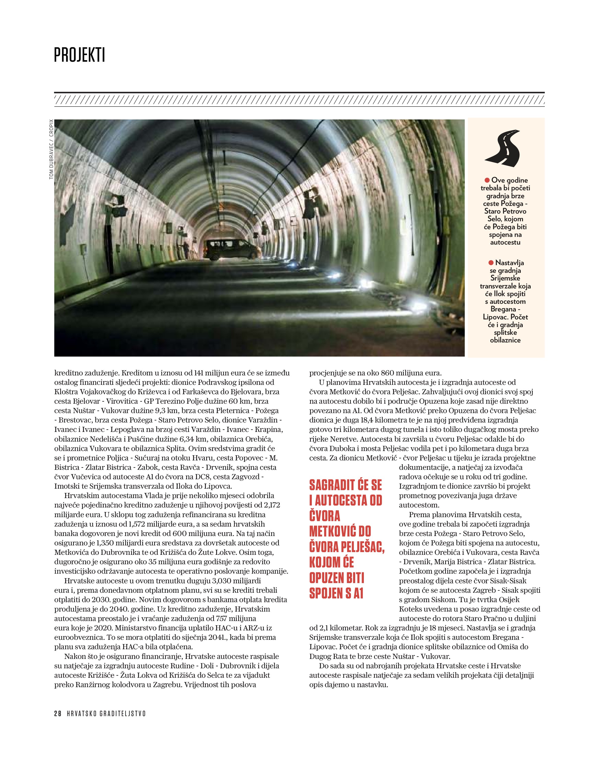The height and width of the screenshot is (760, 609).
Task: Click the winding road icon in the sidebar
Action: coord(504,148)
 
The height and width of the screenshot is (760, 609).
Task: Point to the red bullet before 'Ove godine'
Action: coord(487,180)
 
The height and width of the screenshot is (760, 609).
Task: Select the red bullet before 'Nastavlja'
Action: coord(491,263)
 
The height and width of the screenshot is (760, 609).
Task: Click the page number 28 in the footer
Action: coord(58,713)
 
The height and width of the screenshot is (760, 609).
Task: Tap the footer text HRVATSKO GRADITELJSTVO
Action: coord(106,713)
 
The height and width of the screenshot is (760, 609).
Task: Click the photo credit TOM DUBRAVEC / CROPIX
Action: coord(52,149)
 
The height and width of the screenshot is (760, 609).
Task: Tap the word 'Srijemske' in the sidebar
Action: coord(505,278)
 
